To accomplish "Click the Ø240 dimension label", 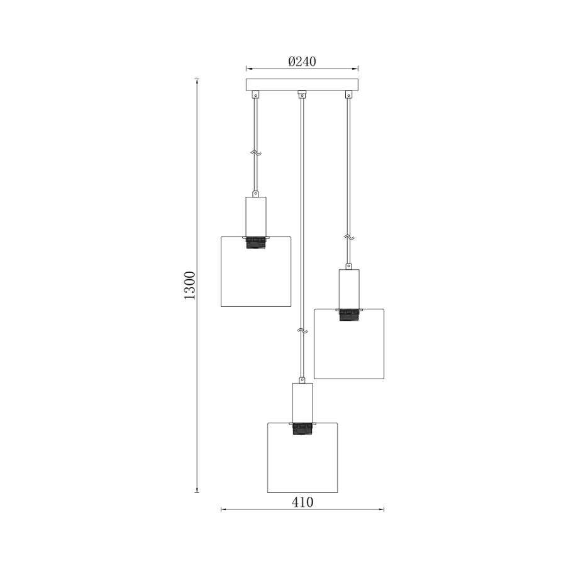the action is coord(302,62).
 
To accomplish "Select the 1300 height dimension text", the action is coord(189,285).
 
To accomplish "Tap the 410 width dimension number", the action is coord(302,502).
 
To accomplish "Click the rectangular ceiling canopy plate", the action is coord(302,84).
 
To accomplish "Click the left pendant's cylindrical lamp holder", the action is coord(256,216).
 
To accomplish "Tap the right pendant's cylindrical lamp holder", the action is coord(349,289).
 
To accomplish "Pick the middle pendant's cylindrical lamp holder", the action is coord(302,403).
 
